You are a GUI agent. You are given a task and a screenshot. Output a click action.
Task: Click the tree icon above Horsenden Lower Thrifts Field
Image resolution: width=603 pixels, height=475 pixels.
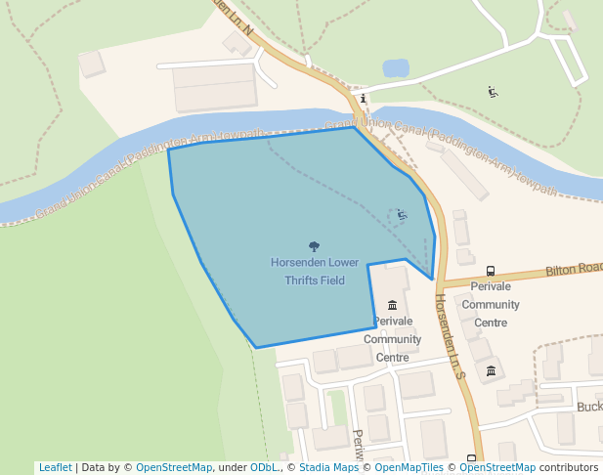point(314,246)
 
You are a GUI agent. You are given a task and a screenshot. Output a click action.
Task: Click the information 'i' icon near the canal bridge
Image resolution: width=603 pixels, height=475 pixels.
point(363,98)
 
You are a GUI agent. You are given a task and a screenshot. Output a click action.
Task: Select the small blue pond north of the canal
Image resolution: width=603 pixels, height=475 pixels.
point(396,68)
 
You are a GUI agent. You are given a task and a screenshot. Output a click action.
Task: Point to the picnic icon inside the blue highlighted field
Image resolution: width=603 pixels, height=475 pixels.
point(402,213)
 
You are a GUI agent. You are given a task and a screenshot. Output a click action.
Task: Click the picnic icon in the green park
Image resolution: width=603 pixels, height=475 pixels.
point(494,92)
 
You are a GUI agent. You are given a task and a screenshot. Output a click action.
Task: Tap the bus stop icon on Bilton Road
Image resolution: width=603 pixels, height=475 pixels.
point(490,271)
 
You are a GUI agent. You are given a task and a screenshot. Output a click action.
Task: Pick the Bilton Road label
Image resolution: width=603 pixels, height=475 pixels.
point(575,268)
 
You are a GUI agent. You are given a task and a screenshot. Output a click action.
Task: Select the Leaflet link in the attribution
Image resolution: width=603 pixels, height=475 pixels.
point(55,467)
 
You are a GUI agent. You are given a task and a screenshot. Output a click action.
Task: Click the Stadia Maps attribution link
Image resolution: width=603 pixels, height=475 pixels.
point(328,467)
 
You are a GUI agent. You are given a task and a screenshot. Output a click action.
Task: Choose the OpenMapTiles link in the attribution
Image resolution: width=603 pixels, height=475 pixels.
point(409,467)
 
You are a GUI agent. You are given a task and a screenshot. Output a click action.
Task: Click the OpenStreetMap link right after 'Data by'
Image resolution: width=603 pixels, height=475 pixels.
point(174,467)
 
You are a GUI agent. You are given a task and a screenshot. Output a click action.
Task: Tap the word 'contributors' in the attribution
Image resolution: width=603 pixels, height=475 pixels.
point(568,467)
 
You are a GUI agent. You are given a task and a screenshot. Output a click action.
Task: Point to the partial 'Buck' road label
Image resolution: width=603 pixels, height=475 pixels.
point(589,407)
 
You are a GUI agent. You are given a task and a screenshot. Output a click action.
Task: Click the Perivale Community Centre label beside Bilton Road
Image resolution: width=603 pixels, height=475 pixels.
point(491,304)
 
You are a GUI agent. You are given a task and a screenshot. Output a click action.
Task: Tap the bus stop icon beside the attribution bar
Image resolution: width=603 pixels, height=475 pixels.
point(471,457)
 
